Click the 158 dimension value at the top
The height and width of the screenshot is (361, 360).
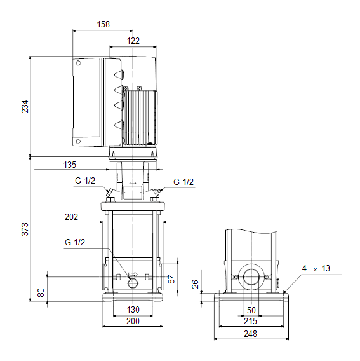103,24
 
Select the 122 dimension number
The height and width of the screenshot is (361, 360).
133,41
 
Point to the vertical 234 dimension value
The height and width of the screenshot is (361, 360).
25,107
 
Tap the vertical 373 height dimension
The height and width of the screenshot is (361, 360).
25,229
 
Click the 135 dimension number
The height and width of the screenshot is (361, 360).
69,165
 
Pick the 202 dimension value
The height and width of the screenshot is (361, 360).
71,217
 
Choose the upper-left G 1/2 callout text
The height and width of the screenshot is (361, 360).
85,180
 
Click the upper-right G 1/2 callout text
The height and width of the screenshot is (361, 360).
183,182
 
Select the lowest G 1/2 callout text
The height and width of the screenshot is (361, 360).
75,242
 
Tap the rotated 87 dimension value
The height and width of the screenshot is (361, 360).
171,279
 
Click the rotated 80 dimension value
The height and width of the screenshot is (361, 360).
41,292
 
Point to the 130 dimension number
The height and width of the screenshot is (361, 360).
133,310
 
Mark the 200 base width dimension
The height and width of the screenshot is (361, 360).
133,321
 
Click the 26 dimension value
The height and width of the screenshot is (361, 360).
195,284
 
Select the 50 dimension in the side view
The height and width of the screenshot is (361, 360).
251,310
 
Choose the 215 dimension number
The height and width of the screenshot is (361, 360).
250,321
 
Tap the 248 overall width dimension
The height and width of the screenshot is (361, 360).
250,334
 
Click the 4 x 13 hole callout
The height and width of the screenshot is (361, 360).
316,268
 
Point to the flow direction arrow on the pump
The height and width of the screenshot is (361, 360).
133,274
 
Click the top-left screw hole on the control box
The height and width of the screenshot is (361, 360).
79,63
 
